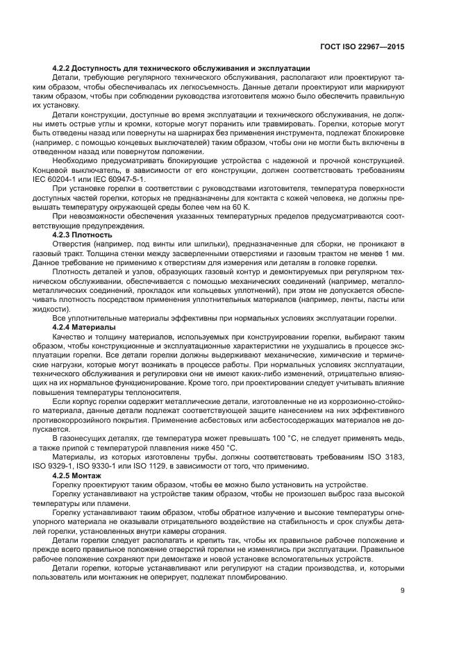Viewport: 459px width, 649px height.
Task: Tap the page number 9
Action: click(x=403, y=591)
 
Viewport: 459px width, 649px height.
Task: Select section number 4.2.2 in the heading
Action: click(x=62, y=68)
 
